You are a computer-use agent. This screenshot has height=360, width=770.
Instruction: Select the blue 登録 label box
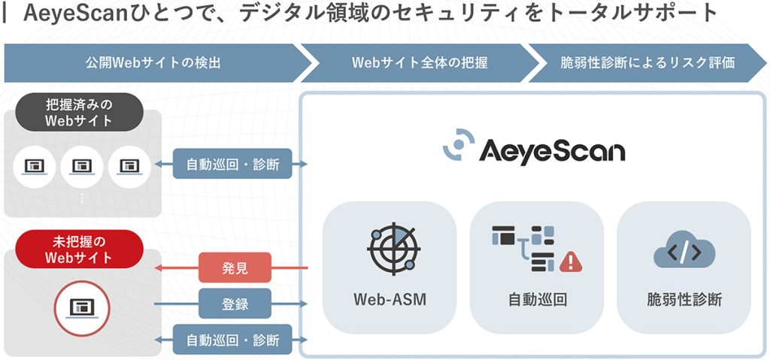(235, 304)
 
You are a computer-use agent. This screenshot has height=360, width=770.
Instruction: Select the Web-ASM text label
(390, 300)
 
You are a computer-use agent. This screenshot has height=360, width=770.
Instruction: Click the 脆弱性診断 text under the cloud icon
(684, 300)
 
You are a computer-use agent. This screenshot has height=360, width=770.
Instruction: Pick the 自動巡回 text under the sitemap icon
(537, 300)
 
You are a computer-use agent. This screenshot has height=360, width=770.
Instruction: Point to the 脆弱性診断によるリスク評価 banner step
(647, 63)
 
